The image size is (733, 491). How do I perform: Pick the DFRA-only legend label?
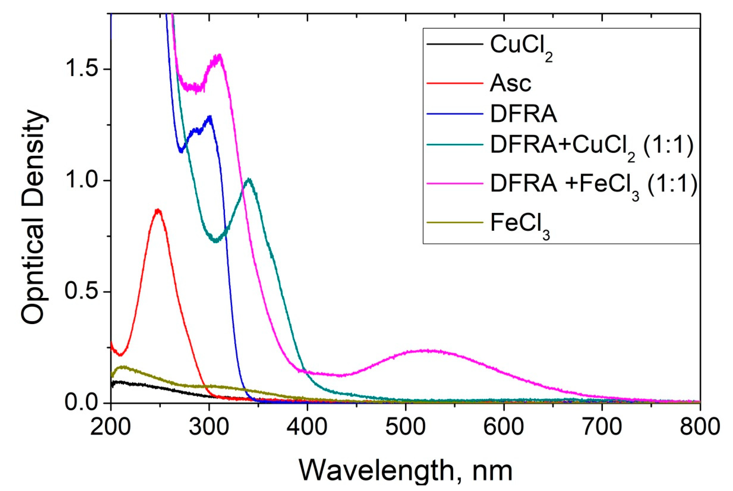pos(523,115)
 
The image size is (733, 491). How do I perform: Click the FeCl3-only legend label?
pos(520,225)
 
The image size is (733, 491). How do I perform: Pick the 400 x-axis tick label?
pos(307,427)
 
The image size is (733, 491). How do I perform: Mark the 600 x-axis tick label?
pos(504,427)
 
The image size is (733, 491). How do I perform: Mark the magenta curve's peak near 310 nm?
pos(220,55)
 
